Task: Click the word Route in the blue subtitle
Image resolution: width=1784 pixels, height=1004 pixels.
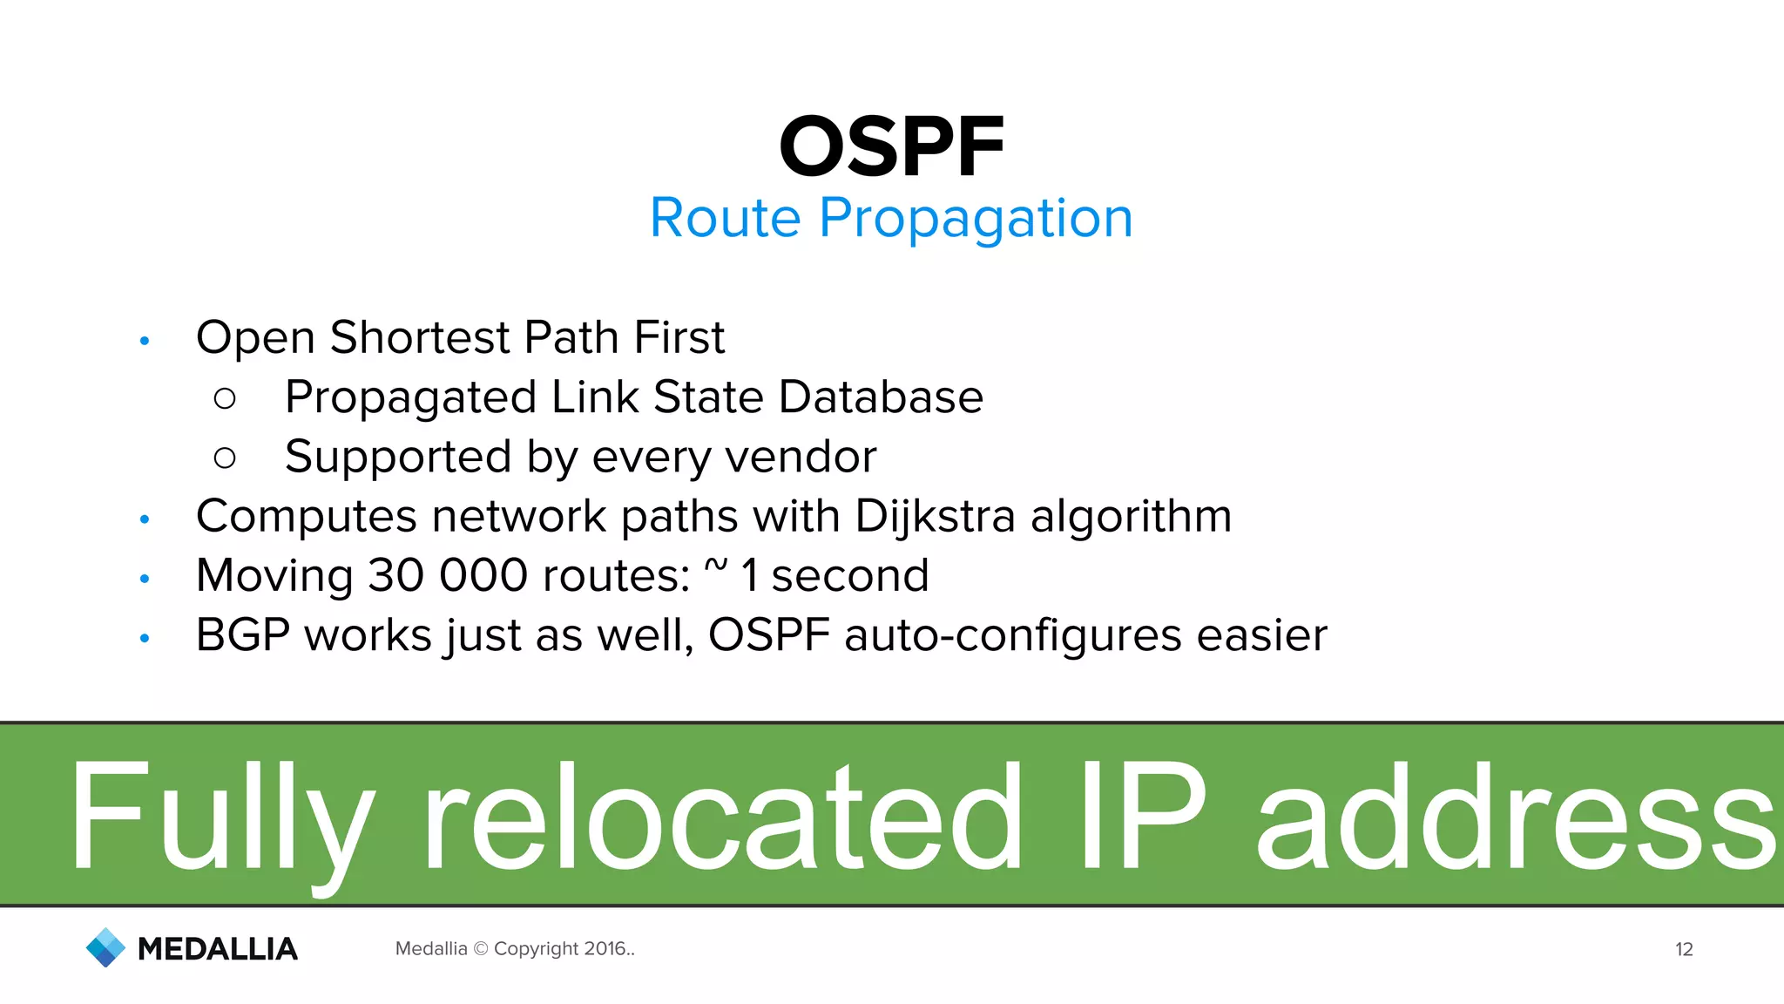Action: [725, 218]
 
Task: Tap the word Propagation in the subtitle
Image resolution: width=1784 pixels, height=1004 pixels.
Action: [976, 220]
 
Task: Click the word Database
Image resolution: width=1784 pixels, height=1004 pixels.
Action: [881, 397]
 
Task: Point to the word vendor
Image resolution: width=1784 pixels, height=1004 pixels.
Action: [801, 458]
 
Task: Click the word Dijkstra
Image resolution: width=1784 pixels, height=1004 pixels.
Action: [935, 517]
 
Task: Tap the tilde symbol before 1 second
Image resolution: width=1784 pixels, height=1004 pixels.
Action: [715, 567]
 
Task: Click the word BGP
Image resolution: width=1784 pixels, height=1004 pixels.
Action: [242, 635]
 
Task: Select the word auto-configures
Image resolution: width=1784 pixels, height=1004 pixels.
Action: [1012, 636]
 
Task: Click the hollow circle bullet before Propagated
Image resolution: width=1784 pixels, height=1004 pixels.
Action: [225, 399]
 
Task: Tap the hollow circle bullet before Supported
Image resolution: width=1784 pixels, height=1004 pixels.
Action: [225, 458]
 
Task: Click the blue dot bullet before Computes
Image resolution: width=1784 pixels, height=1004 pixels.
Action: [145, 519]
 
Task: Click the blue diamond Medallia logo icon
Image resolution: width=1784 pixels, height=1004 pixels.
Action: [106, 947]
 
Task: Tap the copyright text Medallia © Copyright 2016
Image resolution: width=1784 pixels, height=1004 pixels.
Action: [515, 948]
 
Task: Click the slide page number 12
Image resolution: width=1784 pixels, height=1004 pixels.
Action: [1683, 949]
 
